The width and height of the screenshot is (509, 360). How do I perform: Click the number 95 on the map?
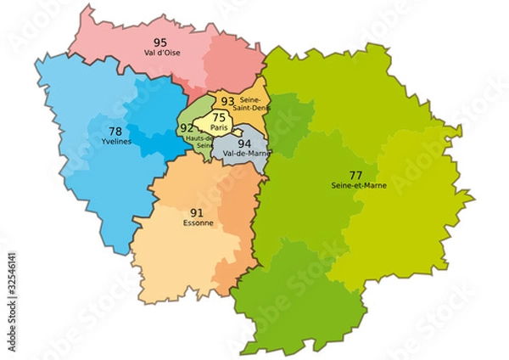pos(160,42)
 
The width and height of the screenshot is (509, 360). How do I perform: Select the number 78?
pos(116,131)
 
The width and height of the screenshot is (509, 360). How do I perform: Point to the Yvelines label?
pos(116,142)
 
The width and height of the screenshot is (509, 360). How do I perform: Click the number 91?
pos(196,212)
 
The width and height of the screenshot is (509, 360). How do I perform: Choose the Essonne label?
pos(198,223)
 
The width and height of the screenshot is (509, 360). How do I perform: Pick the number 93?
pos(227,103)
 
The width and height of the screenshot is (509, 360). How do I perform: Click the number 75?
pos(219,117)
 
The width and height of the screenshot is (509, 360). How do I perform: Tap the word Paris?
pos(219,127)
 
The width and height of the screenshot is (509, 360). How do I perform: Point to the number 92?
pos(187,128)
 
